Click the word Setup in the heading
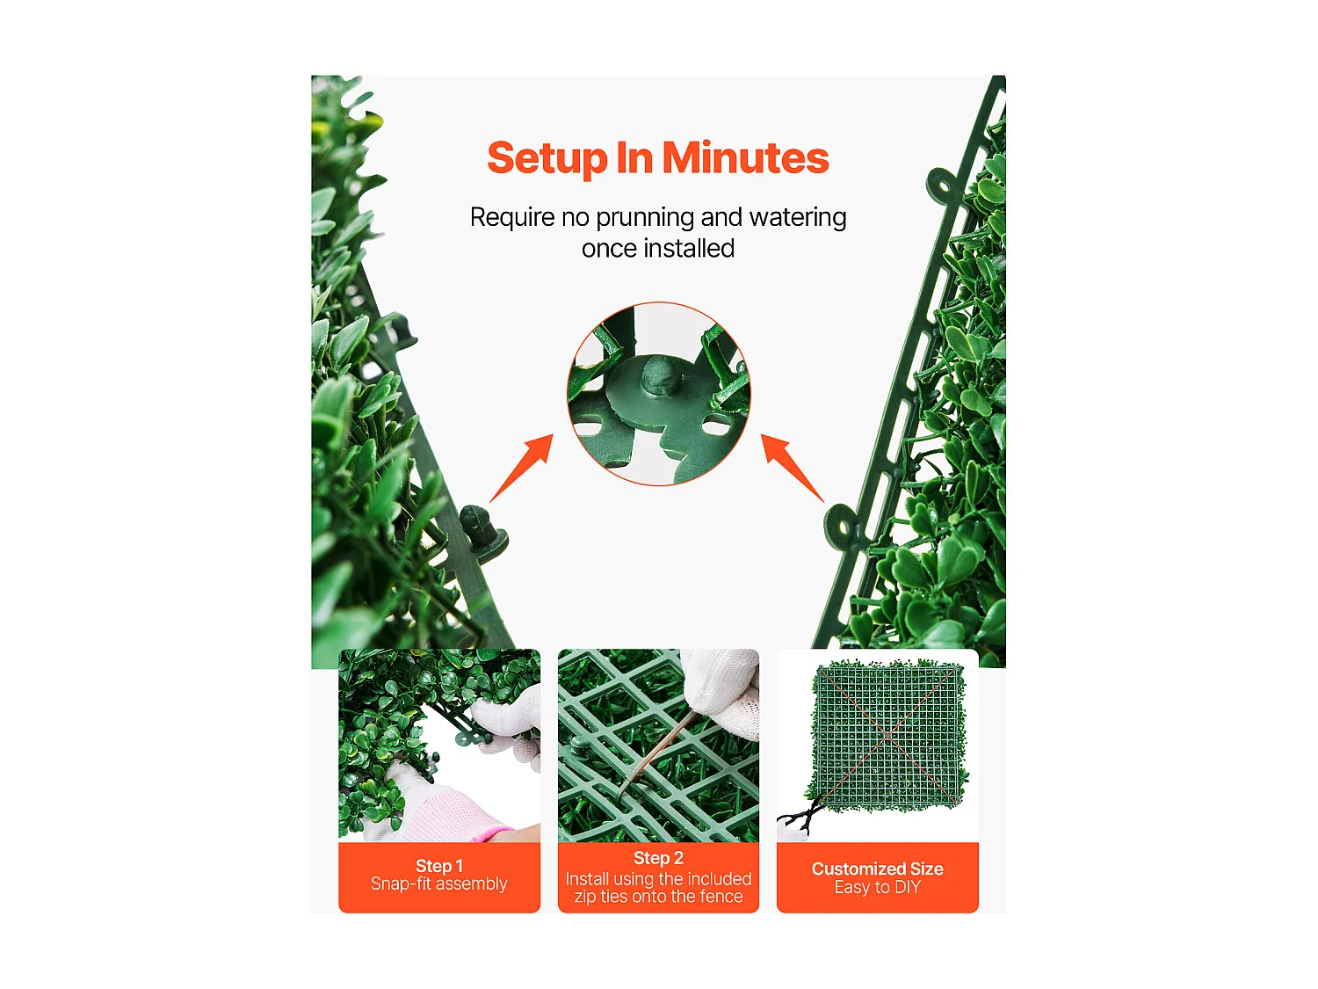547,159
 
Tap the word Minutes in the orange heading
745,158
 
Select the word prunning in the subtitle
645,217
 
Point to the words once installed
658,249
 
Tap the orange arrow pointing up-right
523,468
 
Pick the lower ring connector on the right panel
842,527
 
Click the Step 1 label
439,866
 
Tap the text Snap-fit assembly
439,884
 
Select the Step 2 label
658,858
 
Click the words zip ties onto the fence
658,897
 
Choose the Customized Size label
877,869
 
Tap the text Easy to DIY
877,888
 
